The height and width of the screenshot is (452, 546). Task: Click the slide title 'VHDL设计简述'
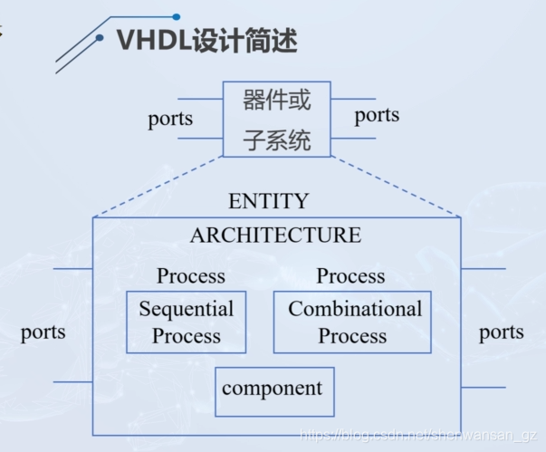pyautogui.click(x=207, y=41)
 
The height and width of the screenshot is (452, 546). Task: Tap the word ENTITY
pyautogui.click(x=269, y=201)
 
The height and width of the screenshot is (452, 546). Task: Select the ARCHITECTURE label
pyautogui.click(x=275, y=235)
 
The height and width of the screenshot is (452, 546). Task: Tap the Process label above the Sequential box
pyautogui.click(x=191, y=275)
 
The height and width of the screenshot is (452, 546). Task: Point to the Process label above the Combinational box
pyautogui.click(x=350, y=275)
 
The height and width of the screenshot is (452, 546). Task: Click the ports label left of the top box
pyautogui.click(x=170, y=119)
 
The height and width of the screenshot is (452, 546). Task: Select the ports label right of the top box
pyautogui.click(x=377, y=116)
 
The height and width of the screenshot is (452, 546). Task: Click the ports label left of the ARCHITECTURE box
pyautogui.click(x=43, y=332)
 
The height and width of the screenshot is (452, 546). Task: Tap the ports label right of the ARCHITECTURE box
pyautogui.click(x=502, y=332)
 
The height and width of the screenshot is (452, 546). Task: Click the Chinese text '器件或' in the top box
pyautogui.click(x=276, y=100)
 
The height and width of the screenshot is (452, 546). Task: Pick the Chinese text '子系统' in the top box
pyautogui.click(x=276, y=140)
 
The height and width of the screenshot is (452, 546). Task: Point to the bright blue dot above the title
pyautogui.click(x=177, y=16)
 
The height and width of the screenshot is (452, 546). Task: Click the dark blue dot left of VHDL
pyautogui.click(x=100, y=38)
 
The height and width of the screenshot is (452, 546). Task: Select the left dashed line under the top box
pyautogui.click(x=158, y=187)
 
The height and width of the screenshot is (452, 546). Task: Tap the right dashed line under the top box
pyautogui.click(x=396, y=187)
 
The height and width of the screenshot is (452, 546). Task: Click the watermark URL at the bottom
pyautogui.click(x=418, y=436)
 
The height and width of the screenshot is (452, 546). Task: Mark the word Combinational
pyautogui.click(x=355, y=309)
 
